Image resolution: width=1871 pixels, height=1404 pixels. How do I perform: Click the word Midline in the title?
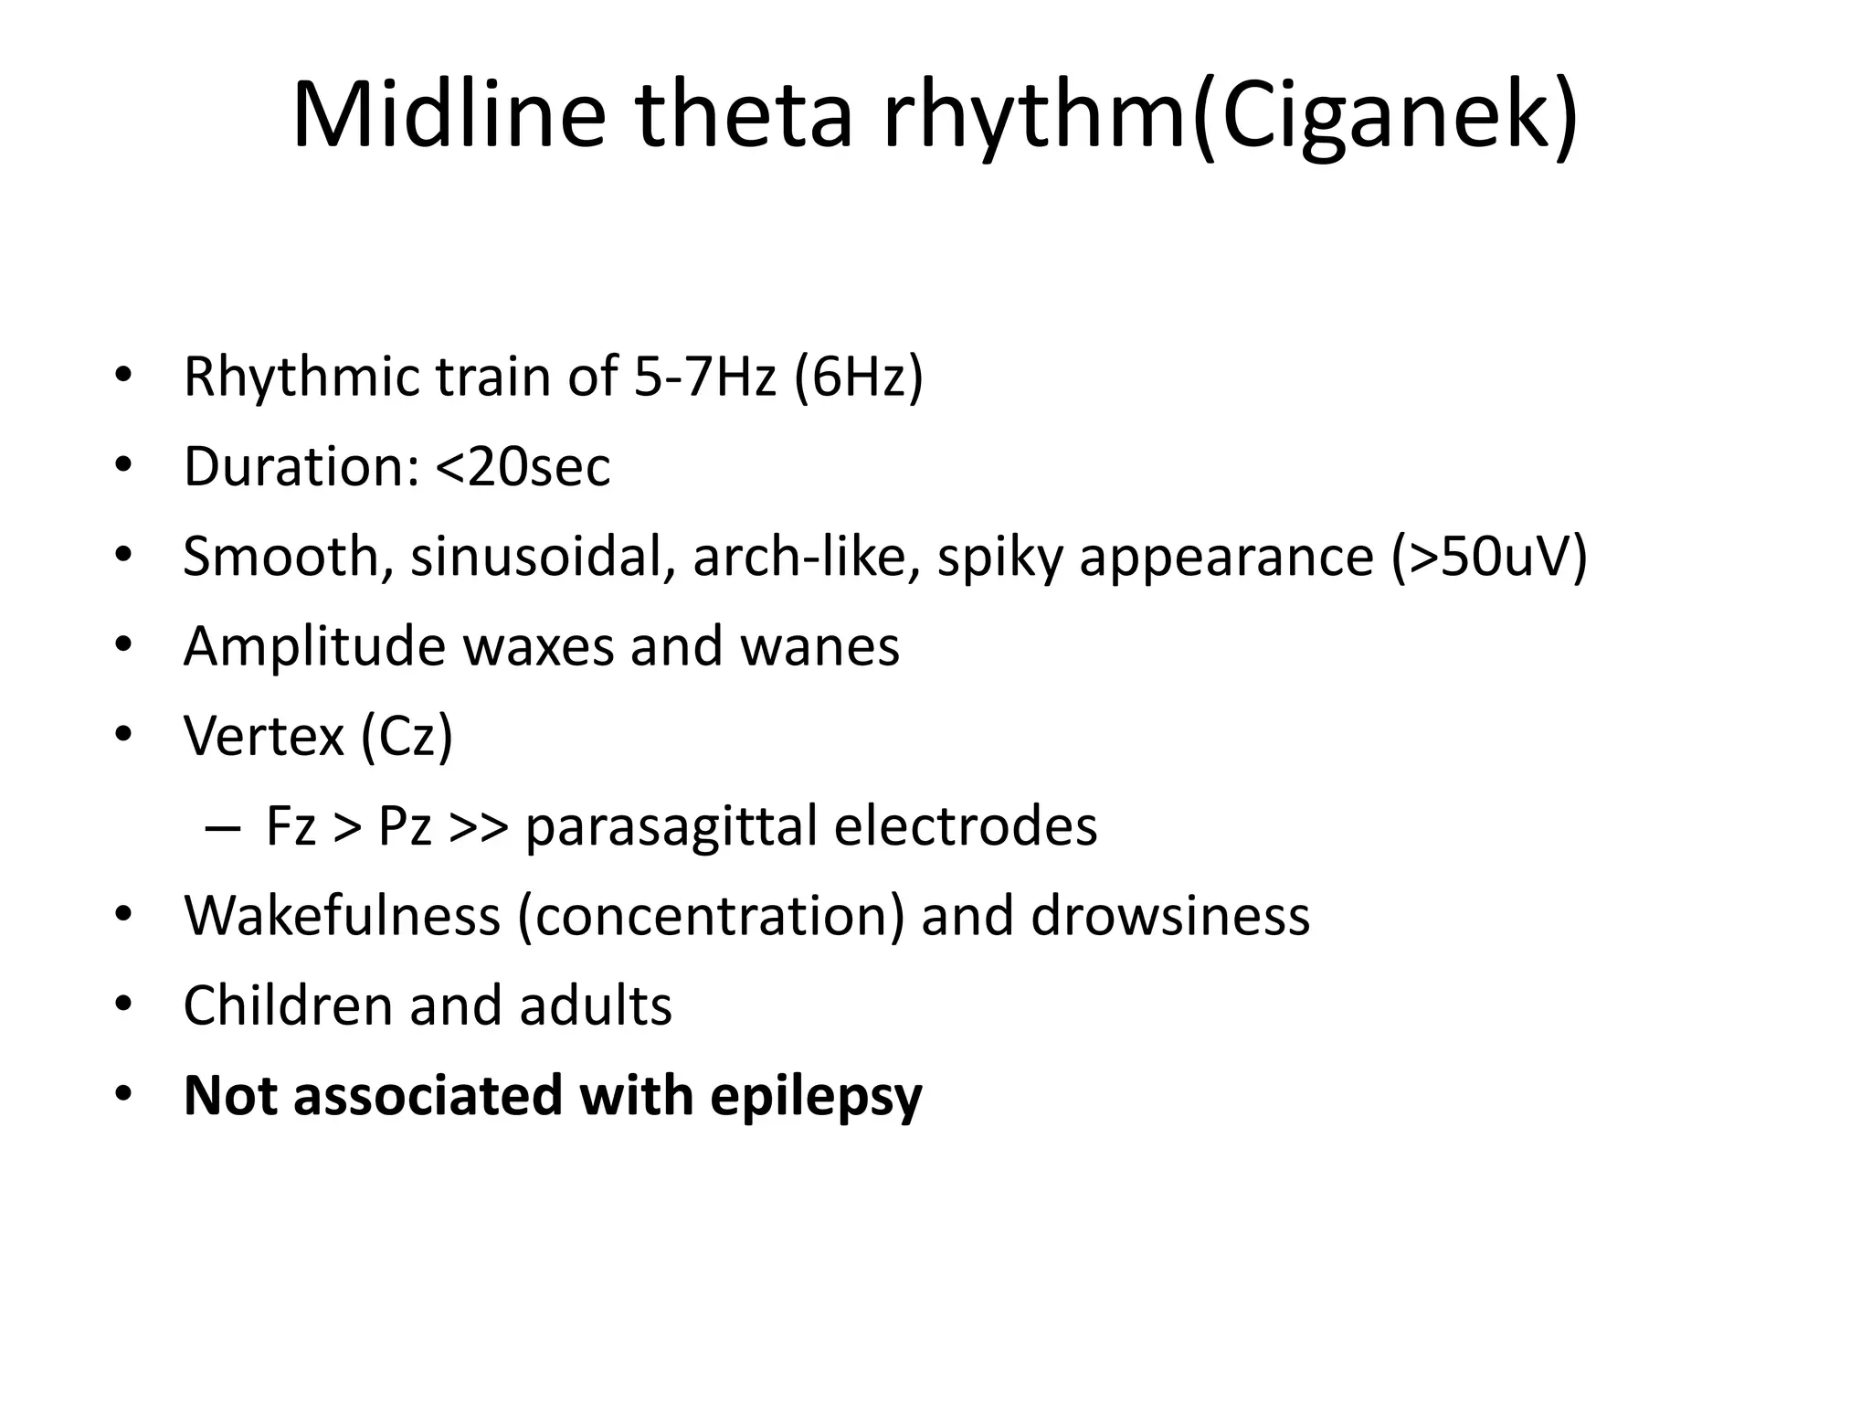448,116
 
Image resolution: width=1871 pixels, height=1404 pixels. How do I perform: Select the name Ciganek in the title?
1385,116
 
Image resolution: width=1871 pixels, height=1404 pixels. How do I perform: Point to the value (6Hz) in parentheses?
859,377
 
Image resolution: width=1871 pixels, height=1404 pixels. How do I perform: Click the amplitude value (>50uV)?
1488,557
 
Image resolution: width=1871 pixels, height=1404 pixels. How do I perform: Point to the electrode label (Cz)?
407,735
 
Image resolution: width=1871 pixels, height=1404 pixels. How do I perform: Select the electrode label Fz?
291,825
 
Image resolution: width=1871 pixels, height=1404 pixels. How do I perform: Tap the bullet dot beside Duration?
123,467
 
